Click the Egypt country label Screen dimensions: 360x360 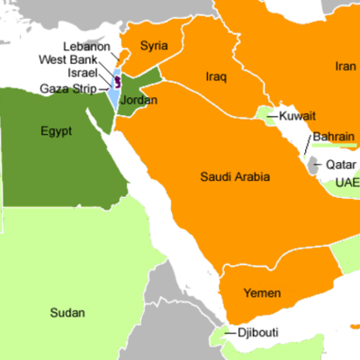(x=56, y=131)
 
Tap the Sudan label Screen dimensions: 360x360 (x=68, y=313)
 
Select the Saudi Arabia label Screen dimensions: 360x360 (x=234, y=177)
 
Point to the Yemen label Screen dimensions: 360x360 (x=263, y=294)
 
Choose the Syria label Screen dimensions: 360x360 (x=155, y=45)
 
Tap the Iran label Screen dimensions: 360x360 (x=346, y=66)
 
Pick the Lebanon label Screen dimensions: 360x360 (x=87, y=47)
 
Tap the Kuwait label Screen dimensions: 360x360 (x=297, y=117)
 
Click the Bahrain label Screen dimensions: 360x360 (x=335, y=138)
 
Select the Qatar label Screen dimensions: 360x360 (x=339, y=165)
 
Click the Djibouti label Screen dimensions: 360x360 (x=257, y=333)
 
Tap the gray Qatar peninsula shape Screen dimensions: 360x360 (x=314, y=166)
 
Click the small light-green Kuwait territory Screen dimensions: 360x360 (x=266, y=114)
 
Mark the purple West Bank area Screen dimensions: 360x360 (x=117, y=82)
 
